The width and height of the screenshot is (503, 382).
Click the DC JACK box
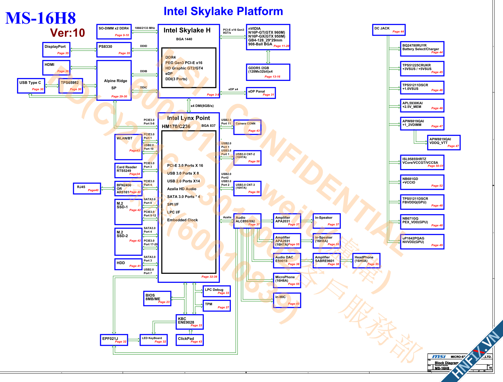point(389,30)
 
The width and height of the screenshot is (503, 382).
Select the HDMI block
point(56,68)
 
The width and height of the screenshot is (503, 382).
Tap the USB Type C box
point(31,86)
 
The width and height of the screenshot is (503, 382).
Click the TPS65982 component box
point(71,86)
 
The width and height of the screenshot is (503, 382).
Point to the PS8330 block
point(114,49)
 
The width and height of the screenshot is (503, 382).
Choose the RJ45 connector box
point(87,188)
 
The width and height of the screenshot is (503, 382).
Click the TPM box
point(216,306)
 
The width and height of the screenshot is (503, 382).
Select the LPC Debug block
point(216,291)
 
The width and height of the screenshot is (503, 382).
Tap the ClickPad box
point(189,340)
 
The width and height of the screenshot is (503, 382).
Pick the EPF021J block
point(114,340)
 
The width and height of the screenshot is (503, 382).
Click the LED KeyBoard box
point(154,340)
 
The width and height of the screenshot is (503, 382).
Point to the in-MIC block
point(287,300)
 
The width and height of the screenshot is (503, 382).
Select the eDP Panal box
point(261,93)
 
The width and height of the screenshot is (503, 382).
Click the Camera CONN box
point(247,127)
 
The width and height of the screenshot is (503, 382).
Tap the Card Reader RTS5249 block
point(128,170)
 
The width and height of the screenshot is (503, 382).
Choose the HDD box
point(128,264)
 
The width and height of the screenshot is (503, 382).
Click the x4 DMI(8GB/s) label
point(202,106)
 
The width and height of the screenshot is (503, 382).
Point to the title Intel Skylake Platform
point(223,11)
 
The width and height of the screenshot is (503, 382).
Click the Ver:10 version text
point(67,33)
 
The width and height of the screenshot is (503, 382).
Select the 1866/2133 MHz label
point(145,28)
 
